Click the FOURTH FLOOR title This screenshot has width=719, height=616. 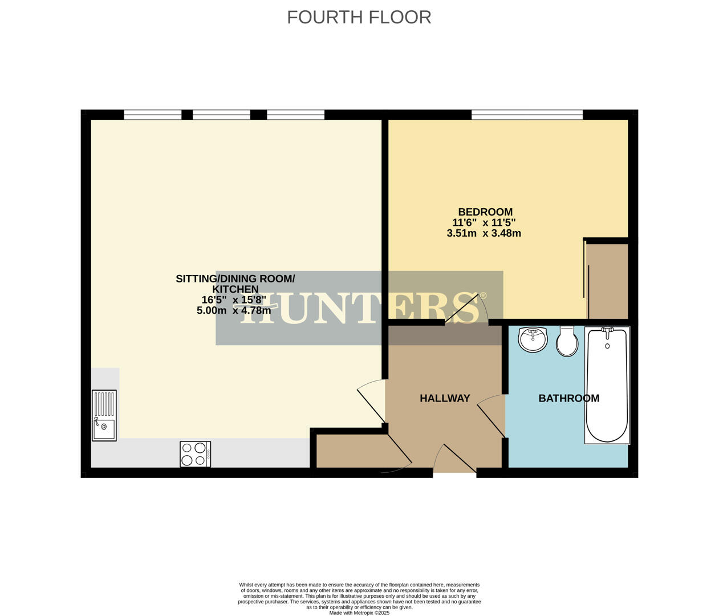359,17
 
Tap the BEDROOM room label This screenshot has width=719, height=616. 485,212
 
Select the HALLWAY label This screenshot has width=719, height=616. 445,398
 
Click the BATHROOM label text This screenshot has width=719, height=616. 568,398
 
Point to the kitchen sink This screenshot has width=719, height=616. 104,415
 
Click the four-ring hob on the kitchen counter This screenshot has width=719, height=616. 195,454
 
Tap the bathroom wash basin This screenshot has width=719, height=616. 533,339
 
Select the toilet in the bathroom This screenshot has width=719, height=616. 567,342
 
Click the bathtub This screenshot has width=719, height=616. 607,385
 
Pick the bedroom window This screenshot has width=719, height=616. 527,115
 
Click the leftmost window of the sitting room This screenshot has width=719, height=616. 152,115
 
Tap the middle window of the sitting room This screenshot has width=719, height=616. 221,115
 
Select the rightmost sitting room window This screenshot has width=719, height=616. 295,115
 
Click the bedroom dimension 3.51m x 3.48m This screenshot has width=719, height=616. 484,233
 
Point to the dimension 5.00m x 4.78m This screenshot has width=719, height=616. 233,311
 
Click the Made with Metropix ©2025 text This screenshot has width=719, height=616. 359,613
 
